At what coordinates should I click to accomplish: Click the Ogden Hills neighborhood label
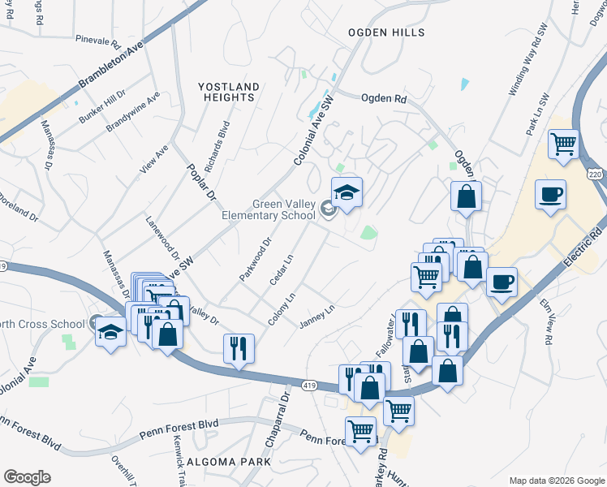(385, 32)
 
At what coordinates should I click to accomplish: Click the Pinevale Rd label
(97, 38)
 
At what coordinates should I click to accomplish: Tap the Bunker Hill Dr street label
(102, 107)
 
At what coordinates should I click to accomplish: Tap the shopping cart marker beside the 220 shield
(563, 144)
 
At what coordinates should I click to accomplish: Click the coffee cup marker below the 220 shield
(550, 195)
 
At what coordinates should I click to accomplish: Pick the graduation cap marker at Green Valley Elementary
(347, 192)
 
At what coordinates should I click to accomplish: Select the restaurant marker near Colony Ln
(239, 347)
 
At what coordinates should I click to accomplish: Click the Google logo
(27, 477)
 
